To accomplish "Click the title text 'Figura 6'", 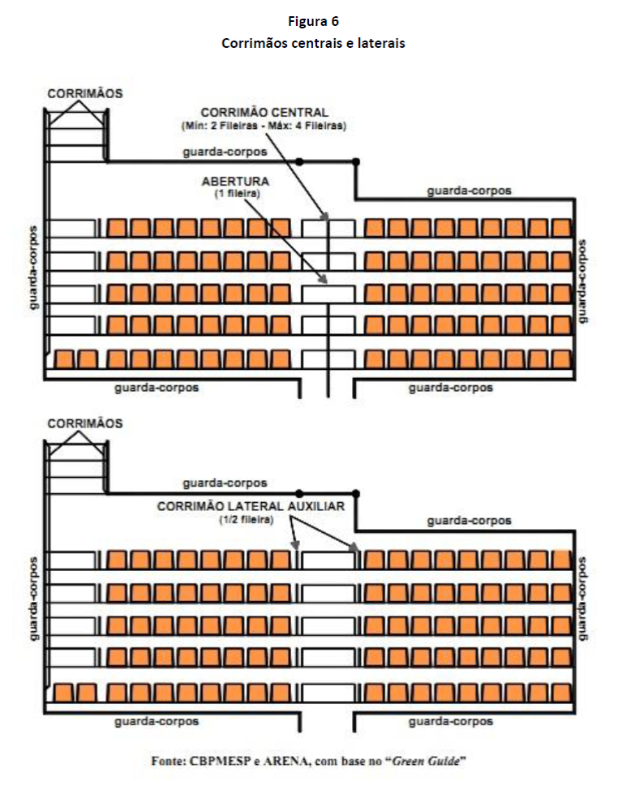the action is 313,21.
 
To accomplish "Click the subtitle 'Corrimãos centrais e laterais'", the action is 313,43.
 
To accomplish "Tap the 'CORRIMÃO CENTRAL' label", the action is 264,113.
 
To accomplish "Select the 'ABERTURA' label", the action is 235,181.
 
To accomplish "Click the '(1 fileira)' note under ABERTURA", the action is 237,194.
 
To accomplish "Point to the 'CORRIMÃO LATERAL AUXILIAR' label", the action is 251,506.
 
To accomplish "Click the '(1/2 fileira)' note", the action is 246,519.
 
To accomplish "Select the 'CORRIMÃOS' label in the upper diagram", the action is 85,94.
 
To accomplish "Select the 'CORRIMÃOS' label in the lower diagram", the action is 85,423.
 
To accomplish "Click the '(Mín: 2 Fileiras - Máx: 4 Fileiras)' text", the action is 264,126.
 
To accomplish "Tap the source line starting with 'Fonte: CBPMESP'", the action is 309,761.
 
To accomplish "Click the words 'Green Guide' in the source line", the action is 426,761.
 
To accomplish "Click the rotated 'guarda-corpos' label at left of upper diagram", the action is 34,268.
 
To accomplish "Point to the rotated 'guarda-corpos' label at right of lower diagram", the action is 582,599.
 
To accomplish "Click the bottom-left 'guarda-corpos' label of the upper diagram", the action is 157,388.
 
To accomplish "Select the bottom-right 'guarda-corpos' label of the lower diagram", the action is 451,721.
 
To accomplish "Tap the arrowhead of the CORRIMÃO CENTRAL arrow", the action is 324,217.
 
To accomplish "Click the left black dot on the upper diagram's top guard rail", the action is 298,161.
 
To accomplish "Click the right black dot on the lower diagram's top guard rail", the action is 356,494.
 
